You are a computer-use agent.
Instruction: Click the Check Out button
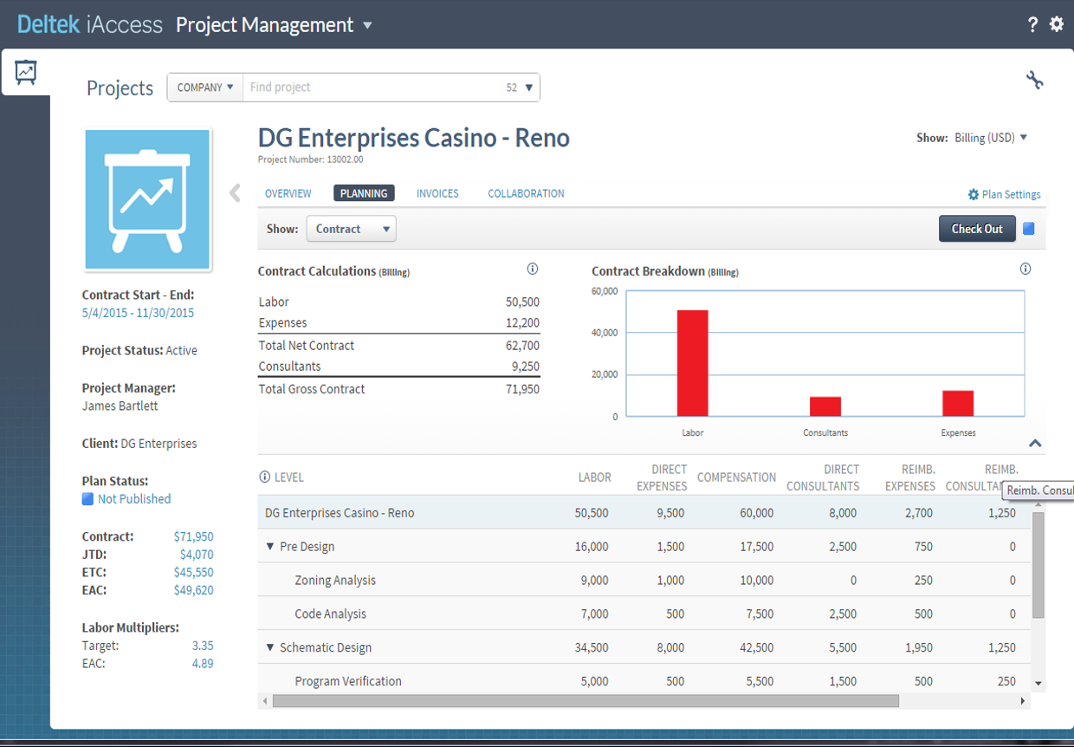point(976,229)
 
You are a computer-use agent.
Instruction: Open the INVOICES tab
point(437,193)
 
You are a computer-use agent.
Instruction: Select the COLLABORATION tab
point(526,193)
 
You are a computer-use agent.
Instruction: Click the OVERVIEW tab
point(288,193)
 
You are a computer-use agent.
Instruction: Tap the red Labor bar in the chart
point(692,363)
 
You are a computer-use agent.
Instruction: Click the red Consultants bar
point(825,406)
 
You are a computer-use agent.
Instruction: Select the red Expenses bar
point(958,403)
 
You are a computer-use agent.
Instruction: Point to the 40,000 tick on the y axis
point(604,333)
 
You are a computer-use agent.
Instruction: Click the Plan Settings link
point(1010,195)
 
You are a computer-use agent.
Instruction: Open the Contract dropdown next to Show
point(351,229)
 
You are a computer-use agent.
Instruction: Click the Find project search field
point(372,88)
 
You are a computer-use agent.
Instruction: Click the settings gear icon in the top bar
point(1057,24)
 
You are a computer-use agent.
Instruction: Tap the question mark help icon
point(1032,24)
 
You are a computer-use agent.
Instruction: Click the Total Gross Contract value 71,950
point(522,389)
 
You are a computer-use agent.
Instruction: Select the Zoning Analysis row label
point(335,581)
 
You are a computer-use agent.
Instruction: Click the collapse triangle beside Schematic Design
point(270,647)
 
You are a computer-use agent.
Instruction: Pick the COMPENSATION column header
point(736,477)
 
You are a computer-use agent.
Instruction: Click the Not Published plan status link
point(133,499)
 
